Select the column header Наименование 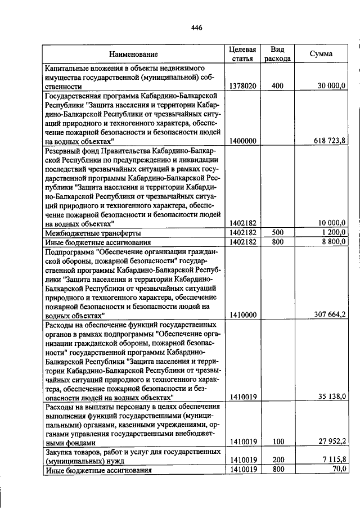click(133, 54)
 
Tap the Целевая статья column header click(242, 53)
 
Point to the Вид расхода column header click(277, 53)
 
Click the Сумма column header click(321, 54)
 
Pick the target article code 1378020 click(242, 86)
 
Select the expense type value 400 click(277, 86)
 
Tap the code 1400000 click(242, 141)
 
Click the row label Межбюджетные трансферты click(93, 232)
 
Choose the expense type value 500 click(277, 232)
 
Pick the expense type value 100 click(277, 443)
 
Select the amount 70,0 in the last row click(337, 469)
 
